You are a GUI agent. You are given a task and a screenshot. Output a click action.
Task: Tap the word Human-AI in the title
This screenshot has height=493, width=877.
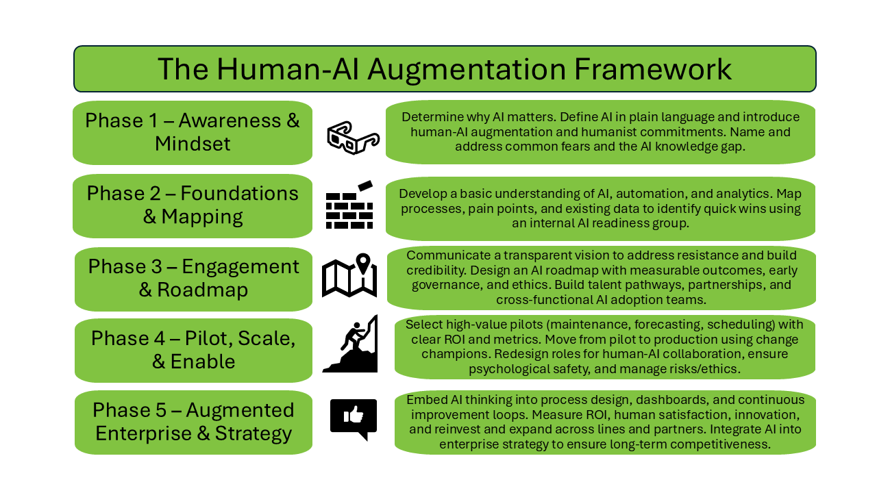pyautogui.click(x=296, y=69)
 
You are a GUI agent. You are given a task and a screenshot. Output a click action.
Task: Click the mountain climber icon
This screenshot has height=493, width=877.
pyautogui.click(x=351, y=344)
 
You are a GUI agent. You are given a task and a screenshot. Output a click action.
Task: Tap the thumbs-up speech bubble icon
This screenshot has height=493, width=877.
pyautogui.click(x=354, y=418)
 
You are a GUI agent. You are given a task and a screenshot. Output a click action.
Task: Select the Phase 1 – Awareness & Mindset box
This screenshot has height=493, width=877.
pyautogui.click(x=193, y=132)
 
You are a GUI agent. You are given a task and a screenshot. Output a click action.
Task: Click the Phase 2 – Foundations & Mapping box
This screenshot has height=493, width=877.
pyautogui.click(x=193, y=205)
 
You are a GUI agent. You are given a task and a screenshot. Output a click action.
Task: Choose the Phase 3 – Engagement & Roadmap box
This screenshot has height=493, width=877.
pyautogui.click(x=193, y=277)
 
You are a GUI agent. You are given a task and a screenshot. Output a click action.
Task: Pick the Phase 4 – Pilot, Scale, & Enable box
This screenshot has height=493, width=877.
pyautogui.click(x=193, y=350)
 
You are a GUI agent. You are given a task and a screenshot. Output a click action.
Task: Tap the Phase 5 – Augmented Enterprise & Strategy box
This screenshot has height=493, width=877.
pyautogui.click(x=193, y=422)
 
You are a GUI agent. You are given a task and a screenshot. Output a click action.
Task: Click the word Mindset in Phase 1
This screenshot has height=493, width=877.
pyautogui.click(x=193, y=144)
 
